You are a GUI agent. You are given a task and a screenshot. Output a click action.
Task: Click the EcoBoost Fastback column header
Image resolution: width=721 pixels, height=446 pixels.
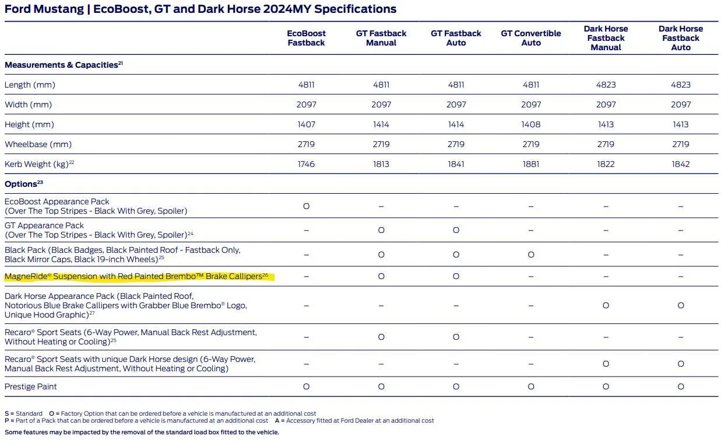coord(306,38)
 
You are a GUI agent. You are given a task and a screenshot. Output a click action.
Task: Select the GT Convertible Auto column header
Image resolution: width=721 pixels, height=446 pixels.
coord(531,38)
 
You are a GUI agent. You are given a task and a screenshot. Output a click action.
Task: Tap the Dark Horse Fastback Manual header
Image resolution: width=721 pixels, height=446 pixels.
coord(606,38)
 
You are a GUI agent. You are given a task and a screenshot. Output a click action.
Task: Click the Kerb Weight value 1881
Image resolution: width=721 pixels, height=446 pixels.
coord(531,164)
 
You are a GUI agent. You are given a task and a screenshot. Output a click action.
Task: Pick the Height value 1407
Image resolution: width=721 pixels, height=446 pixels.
coord(306,124)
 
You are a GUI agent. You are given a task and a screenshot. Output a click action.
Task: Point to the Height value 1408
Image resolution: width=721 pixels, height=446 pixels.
coord(531,124)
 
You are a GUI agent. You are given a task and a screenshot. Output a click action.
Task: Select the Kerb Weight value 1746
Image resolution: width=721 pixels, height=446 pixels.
coord(306,164)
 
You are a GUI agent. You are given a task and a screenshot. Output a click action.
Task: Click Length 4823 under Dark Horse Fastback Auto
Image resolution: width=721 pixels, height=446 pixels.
coord(681,85)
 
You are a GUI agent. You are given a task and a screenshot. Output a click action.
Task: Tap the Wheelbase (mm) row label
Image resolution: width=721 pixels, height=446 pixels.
coord(38,144)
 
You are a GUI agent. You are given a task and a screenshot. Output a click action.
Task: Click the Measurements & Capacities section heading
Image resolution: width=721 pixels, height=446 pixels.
coord(64,65)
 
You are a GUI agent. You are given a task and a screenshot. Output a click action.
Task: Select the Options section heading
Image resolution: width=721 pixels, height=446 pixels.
coord(23,184)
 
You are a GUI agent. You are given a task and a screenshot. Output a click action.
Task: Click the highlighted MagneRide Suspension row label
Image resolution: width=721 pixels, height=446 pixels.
coord(136,276)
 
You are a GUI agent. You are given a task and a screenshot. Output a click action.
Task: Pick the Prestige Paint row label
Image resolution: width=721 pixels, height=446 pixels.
coord(30,386)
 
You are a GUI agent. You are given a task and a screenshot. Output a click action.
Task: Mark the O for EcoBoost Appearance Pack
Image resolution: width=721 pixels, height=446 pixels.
coord(306,206)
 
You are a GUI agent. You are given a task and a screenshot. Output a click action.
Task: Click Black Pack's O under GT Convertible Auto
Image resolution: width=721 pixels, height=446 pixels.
coord(531,255)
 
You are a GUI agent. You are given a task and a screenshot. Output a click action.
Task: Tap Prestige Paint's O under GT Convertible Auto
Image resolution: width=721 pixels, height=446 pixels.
coord(531,386)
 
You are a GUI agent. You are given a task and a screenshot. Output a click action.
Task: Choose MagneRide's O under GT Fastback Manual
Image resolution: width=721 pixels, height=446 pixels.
coord(381,276)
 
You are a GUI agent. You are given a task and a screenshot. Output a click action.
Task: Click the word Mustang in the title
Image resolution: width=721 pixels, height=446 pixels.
coord(59,9)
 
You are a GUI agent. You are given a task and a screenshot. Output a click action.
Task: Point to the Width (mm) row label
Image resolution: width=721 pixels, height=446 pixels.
coord(28,104)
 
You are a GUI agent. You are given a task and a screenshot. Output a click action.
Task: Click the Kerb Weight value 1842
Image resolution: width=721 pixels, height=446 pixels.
coord(681,164)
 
